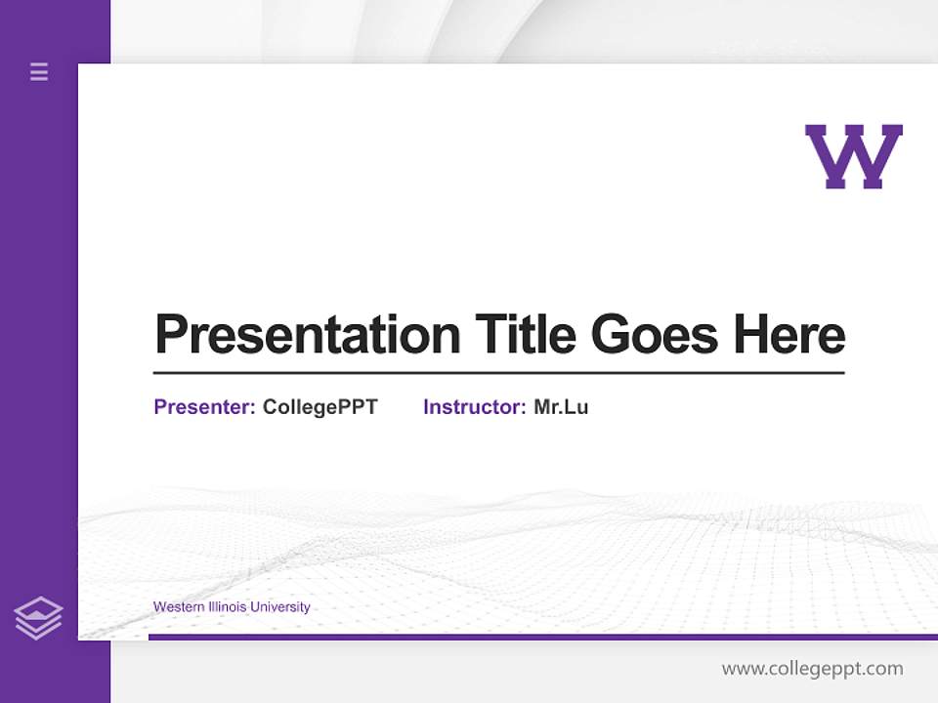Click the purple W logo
pos(854,156)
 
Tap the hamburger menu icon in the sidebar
pos(39,71)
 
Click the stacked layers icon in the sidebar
pos(38,618)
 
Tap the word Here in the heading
pos(789,335)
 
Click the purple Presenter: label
pos(205,407)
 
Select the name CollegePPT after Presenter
pos(320,407)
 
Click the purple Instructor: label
pos(475,407)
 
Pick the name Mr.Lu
pos(561,407)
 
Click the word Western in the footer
pos(179,607)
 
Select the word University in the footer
pos(280,607)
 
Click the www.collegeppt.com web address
pos(812,669)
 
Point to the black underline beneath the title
pos(498,373)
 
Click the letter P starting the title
pos(170,335)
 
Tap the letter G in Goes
pos(609,335)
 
